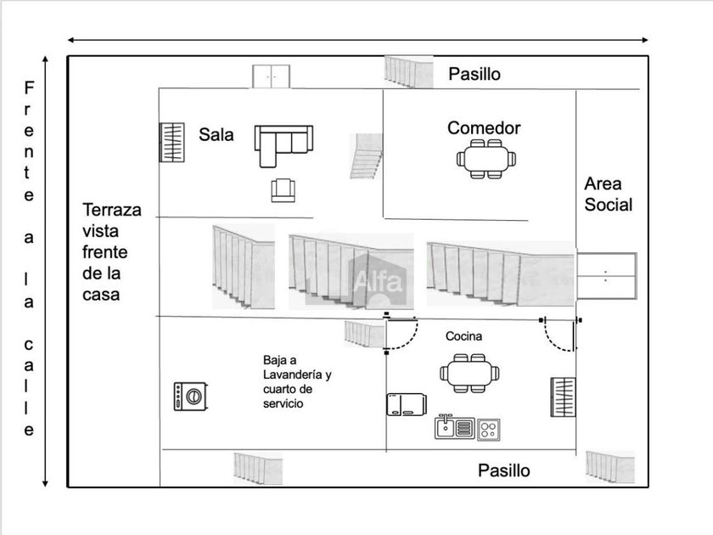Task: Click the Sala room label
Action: pyautogui.click(x=216, y=134)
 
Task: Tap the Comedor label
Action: pyautogui.click(x=484, y=128)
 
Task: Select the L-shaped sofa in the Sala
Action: pyautogui.click(x=282, y=145)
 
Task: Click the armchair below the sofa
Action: pyautogui.click(x=282, y=190)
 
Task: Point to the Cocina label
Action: pyautogui.click(x=463, y=336)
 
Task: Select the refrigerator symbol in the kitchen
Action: pyautogui.click(x=406, y=405)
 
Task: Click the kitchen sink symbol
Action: pyautogui.click(x=454, y=426)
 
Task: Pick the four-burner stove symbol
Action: pyautogui.click(x=488, y=428)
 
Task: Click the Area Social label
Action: pyautogui.click(x=608, y=194)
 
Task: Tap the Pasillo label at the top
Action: pyautogui.click(x=474, y=74)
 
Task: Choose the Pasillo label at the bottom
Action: pyautogui.click(x=503, y=470)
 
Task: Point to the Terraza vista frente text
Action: pyautogui.click(x=111, y=252)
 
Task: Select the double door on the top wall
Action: pyautogui.click(x=272, y=76)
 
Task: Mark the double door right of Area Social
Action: pyautogui.click(x=606, y=276)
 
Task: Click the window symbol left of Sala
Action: pyautogui.click(x=171, y=143)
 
